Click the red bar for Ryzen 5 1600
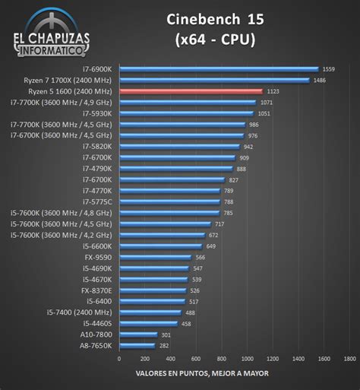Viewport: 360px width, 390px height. click(191, 90)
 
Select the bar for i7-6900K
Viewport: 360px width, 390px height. click(219, 68)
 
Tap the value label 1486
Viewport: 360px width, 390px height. click(319, 80)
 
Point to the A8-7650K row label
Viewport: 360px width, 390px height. click(96, 345)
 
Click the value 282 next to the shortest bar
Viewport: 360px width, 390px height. click(163, 345)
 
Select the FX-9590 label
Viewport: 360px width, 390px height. click(99, 257)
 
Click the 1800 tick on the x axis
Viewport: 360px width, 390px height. click(349, 358)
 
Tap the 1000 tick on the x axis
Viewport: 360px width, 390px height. click(248, 358)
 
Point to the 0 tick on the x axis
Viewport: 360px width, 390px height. click(120, 358)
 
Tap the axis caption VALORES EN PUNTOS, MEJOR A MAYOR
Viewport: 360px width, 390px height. click(201, 373)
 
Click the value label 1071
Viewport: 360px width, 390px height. click(266, 102)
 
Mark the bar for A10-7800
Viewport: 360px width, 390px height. click(138, 334)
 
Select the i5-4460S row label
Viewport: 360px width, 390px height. click(96, 323)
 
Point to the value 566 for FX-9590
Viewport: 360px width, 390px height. click(200, 257)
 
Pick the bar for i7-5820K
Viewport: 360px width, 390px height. click(180, 146)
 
